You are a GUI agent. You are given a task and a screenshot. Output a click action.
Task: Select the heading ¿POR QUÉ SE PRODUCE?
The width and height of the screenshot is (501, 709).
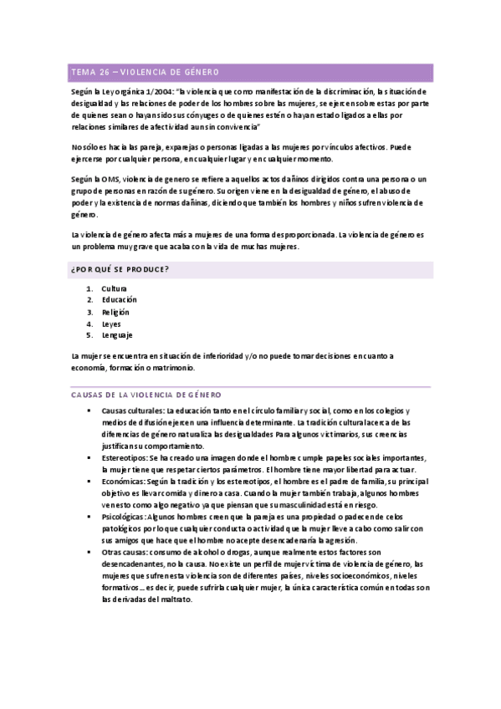click(120, 268)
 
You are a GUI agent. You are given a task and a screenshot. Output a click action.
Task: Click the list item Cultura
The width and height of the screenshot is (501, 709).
click(115, 288)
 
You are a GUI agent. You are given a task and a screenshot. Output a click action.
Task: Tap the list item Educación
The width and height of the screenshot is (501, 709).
click(119, 299)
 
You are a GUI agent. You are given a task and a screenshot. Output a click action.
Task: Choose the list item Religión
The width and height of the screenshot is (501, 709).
click(117, 311)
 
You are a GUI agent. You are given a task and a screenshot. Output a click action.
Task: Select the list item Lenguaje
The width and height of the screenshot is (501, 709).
click(117, 334)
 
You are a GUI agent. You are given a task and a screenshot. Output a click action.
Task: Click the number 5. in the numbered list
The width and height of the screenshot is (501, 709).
click(89, 334)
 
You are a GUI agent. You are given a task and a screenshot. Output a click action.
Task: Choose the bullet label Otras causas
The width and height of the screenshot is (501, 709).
click(125, 552)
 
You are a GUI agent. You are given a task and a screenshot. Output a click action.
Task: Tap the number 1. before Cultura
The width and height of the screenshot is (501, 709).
click(89, 288)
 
